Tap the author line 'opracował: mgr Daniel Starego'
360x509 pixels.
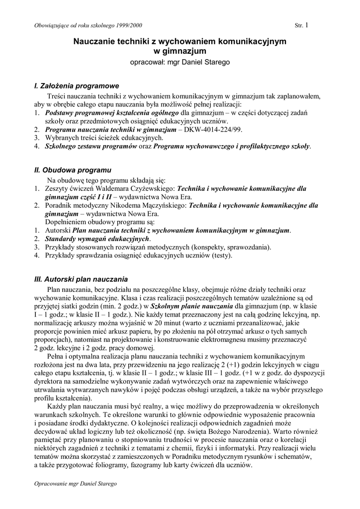click(180, 62)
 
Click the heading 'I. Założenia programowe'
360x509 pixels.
click(77, 86)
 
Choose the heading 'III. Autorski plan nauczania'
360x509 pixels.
click(81, 279)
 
